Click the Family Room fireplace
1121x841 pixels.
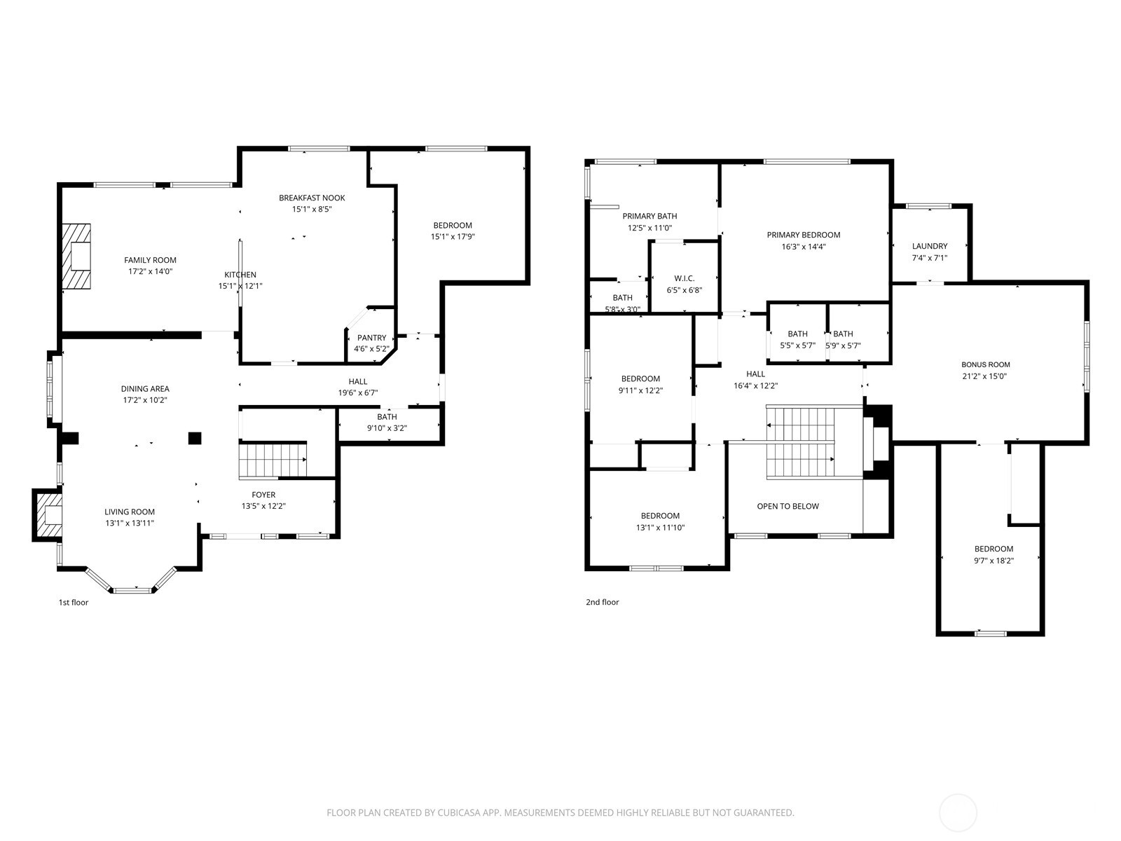tap(76, 257)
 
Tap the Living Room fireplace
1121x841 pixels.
tap(48, 514)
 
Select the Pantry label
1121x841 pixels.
tap(371, 338)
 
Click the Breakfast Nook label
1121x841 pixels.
tap(312, 198)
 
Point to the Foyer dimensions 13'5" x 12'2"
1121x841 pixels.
tap(263, 506)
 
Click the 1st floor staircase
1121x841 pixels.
tap(273, 460)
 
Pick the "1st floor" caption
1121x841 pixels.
tap(74, 603)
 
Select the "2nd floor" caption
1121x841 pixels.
tap(602, 602)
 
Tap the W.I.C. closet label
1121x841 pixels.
tap(685, 278)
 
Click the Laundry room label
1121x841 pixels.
tap(930, 246)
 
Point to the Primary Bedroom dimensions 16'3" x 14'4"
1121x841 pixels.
tap(804, 247)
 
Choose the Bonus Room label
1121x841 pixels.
tap(986, 364)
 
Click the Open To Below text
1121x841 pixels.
tap(788, 506)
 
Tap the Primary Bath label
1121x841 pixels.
tap(649, 216)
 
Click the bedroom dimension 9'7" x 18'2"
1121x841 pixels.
tap(993, 560)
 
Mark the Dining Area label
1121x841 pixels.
tap(145, 388)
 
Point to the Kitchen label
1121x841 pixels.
tap(240, 275)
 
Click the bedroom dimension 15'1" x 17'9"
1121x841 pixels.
tap(453, 236)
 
